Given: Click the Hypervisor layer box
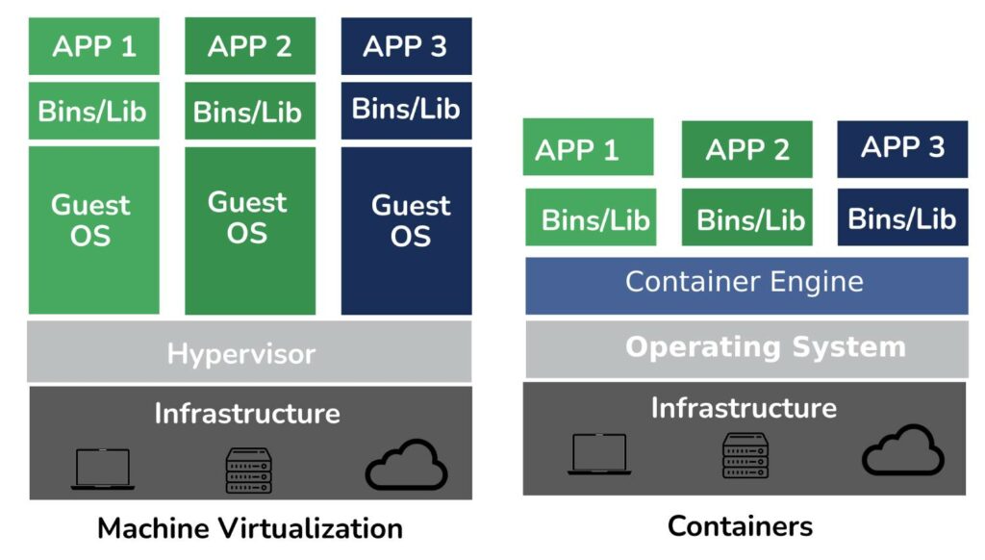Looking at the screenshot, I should [249, 352].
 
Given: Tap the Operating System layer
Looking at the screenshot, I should [746, 348].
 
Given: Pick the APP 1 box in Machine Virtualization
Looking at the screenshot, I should [94, 46].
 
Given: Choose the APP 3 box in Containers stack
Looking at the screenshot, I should [902, 148].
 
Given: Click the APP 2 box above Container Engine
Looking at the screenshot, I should [746, 149].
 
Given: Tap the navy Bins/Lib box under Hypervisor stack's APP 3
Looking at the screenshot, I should [406, 110].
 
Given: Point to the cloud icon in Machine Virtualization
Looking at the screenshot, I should [406, 466].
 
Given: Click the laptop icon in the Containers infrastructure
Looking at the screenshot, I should [599, 454].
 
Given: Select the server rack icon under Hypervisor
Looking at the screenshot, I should [248, 470].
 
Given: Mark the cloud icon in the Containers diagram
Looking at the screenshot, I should [902, 450].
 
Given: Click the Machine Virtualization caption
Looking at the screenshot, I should [249, 528].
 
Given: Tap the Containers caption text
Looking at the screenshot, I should [740, 526].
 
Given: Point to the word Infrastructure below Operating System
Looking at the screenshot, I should [744, 408].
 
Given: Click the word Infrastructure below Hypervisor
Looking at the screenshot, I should [247, 414].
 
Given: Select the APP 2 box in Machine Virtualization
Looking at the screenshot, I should [250, 46].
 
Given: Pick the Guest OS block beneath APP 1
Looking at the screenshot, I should [93, 230].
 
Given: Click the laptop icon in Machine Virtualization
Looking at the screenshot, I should [102, 470].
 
